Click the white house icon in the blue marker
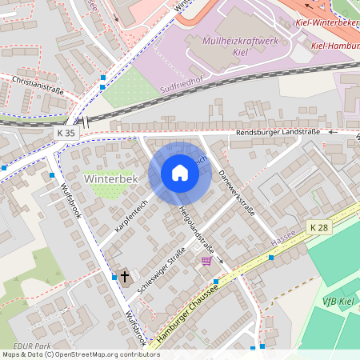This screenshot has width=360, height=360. [180, 173]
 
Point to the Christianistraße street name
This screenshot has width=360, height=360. [38, 85]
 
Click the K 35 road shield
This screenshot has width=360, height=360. [66, 131]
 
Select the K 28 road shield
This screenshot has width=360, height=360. [318, 227]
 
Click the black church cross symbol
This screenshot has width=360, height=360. [125, 277]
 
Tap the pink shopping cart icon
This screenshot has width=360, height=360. [207, 260]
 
